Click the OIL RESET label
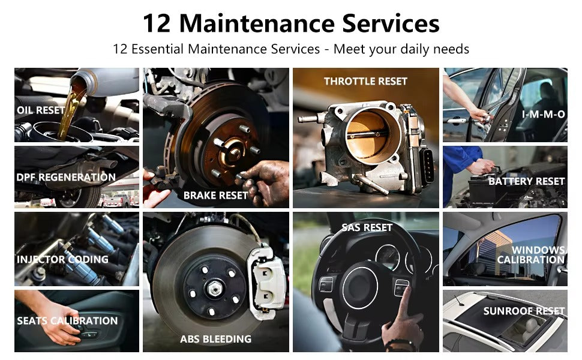coord(41,110)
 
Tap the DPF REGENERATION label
coord(66,178)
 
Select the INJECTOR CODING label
coord(62,259)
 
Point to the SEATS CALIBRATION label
coord(67,320)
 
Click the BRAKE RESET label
coord(215,196)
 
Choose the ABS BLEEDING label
coord(215,339)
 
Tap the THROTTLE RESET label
coord(365,81)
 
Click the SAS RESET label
coord(367,227)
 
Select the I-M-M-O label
coord(544,115)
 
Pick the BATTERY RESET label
coord(527,181)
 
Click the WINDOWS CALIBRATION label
coord(532,254)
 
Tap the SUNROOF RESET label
coord(524,311)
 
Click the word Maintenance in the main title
coord(256,23)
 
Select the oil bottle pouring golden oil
coord(104,82)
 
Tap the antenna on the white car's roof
coord(458,300)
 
